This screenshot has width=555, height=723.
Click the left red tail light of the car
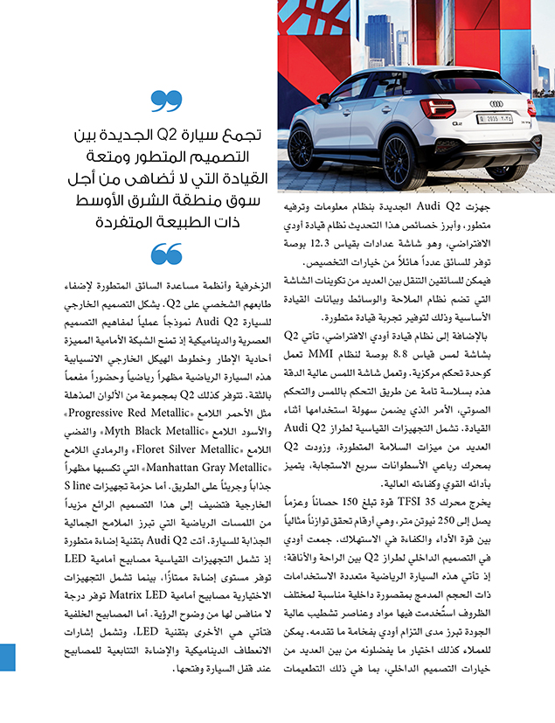pyautogui.click(x=437, y=108)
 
